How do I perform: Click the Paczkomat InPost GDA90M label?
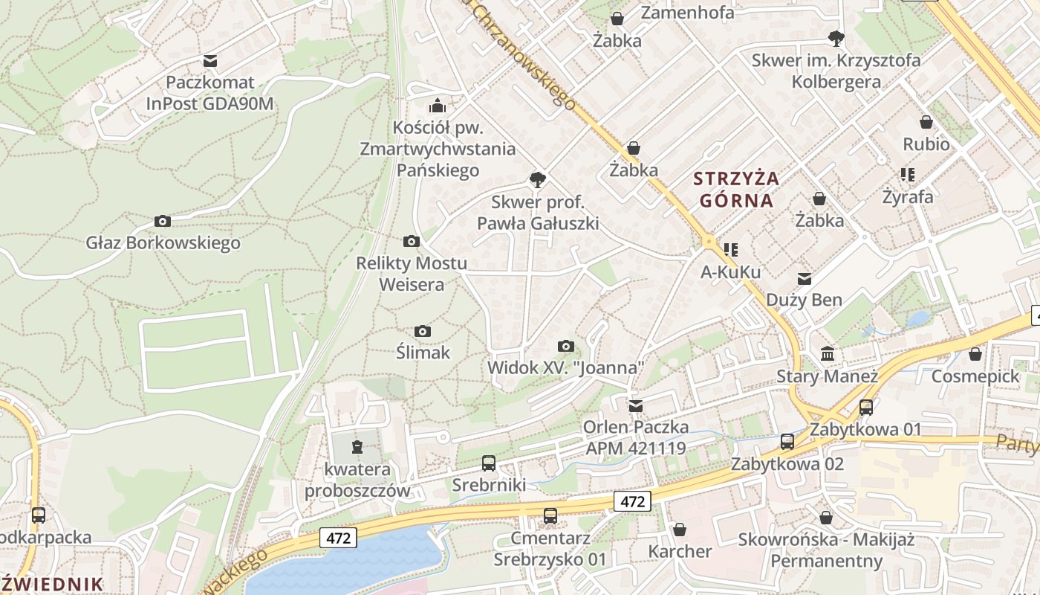(x=210, y=93)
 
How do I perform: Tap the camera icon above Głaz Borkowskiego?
(x=163, y=221)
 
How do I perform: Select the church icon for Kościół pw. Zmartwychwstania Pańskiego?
(x=438, y=106)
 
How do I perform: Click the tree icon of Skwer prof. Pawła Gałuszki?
(x=537, y=179)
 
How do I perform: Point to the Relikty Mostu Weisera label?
(x=412, y=274)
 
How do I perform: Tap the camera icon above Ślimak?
(x=423, y=331)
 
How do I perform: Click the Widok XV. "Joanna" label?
(x=565, y=367)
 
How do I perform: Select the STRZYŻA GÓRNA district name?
(x=736, y=189)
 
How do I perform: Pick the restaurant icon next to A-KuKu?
(x=731, y=250)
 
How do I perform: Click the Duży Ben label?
(x=804, y=300)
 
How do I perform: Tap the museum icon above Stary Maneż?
(x=828, y=353)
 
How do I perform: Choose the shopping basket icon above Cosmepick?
(x=975, y=354)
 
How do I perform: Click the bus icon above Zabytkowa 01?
(x=865, y=407)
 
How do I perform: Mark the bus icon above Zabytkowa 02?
(x=787, y=442)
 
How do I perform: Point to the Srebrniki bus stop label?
(x=489, y=485)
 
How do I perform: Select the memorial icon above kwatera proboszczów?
(x=357, y=446)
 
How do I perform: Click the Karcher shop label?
(x=680, y=551)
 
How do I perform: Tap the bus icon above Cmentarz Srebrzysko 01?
(x=550, y=515)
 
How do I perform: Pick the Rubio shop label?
(x=926, y=144)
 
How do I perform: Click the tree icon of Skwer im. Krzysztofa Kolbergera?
(x=836, y=38)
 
